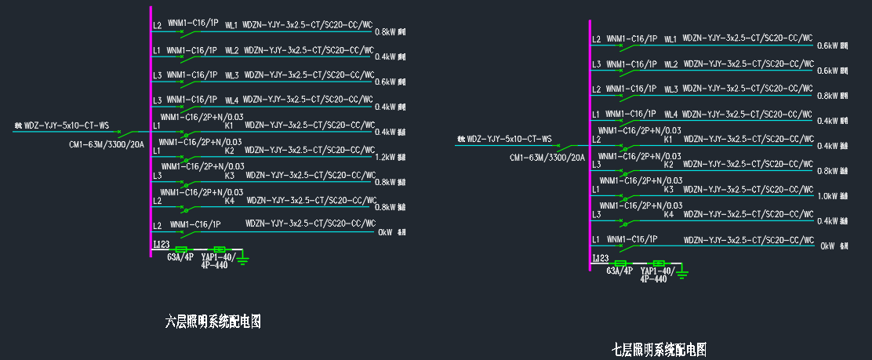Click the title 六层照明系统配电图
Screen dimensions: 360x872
point(213,322)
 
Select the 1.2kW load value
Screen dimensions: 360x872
point(387,157)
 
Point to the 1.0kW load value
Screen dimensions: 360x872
point(827,196)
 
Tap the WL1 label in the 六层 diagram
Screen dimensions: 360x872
point(231,26)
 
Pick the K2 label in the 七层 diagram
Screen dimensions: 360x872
point(669,165)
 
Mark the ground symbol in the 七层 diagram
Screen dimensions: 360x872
point(683,272)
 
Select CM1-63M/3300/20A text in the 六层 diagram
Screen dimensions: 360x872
point(107,144)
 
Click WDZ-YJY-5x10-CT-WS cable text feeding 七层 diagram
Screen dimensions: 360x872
point(509,140)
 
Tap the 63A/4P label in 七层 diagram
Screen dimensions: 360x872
point(619,271)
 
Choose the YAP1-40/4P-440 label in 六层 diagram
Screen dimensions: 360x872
point(214,260)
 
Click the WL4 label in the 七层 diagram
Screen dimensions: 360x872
point(670,115)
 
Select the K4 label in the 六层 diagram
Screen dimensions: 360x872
point(230,201)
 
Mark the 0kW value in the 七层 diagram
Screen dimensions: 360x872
point(827,246)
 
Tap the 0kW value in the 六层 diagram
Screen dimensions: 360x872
point(385,232)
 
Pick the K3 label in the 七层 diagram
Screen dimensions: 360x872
point(669,190)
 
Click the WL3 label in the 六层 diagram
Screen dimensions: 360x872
point(231,75)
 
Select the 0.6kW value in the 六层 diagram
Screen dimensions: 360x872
point(387,82)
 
